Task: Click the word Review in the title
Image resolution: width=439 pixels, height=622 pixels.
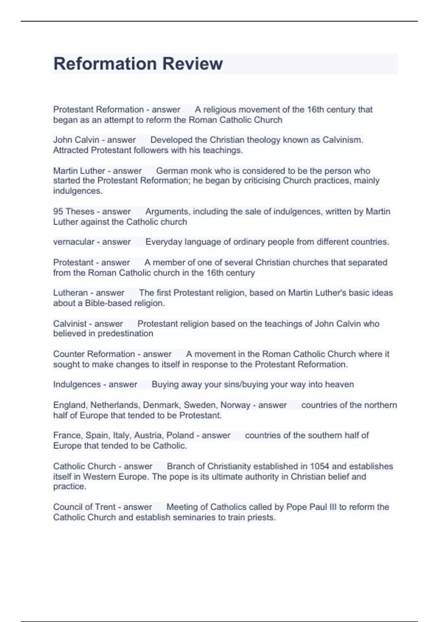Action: tap(192, 64)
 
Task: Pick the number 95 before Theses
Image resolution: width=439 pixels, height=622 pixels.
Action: tap(58, 211)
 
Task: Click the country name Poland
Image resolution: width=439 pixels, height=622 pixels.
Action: tap(180, 435)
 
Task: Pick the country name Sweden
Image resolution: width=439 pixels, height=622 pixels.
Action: tap(200, 405)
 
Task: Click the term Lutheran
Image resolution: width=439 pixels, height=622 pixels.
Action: tap(70, 293)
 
